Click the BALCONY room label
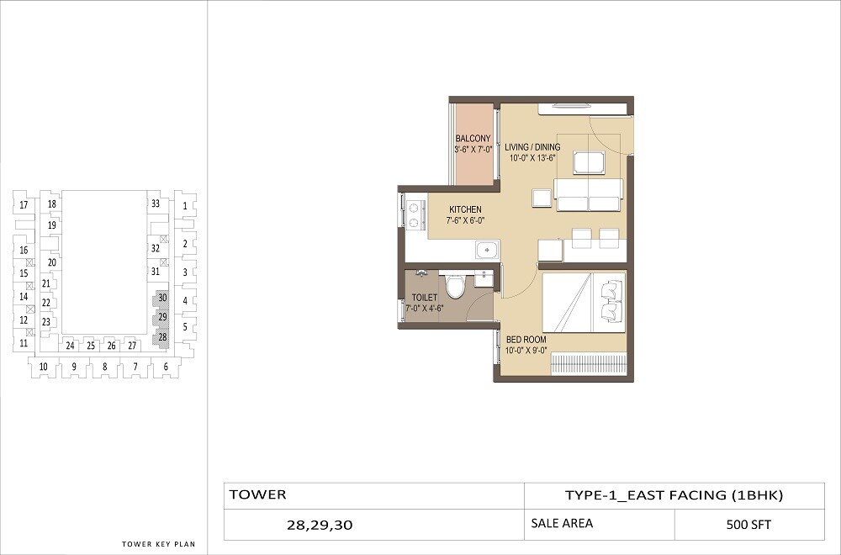(473, 144)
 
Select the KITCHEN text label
(465, 214)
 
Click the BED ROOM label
(526, 344)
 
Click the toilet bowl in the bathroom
(455, 286)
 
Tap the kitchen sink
(485, 250)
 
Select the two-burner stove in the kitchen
(413, 212)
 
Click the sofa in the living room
(589, 195)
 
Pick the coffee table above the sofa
(588, 161)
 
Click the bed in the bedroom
(584, 302)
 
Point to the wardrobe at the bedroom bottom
(588, 364)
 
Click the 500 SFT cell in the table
(748, 525)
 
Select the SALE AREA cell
(562, 524)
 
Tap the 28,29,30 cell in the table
(320, 526)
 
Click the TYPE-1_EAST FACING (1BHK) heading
(674, 495)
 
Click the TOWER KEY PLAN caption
(158, 544)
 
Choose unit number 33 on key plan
(155, 203)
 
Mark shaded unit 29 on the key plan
(161, 318)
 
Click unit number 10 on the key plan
(43, 366)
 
